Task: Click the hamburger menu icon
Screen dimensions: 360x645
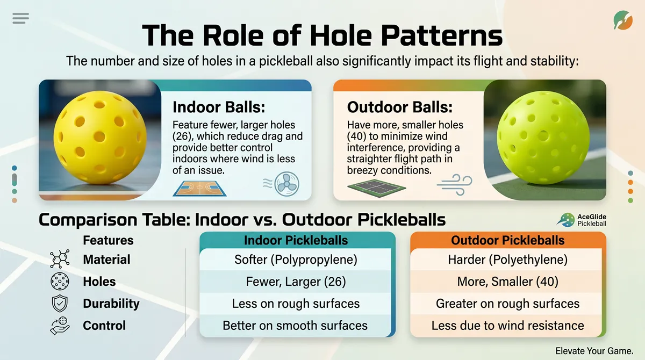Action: click(20, 18)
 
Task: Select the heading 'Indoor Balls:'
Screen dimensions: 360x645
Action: click(218, 106)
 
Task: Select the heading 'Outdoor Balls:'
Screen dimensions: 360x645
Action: click(399, 106)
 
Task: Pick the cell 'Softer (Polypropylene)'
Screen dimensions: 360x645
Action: click(296, 260)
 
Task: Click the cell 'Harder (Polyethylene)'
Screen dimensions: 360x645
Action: click(507, 260)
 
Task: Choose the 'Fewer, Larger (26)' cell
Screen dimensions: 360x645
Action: click(296, 282)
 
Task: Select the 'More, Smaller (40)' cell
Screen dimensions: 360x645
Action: click(507, 282)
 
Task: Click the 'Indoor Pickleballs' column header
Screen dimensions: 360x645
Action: click(296, 240)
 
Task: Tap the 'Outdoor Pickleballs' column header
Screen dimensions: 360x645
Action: click(507, 240)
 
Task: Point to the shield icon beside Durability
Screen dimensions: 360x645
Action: click(59, 304)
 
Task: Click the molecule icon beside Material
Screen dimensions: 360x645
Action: click(59, 260)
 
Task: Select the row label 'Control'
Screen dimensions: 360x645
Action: click(104, 326)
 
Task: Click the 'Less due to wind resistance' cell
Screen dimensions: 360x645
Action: click(507, 326)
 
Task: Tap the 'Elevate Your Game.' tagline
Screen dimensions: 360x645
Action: click(595, 350)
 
